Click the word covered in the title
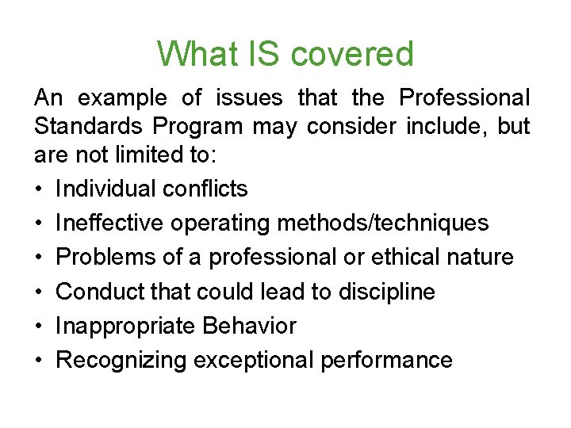coord(352,54)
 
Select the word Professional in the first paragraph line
coord(465,98)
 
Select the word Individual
coord(105,189)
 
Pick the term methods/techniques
coord(383,223)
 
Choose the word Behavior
coord(250,326)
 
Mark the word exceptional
coord(254,361)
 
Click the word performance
coord(386,361)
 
